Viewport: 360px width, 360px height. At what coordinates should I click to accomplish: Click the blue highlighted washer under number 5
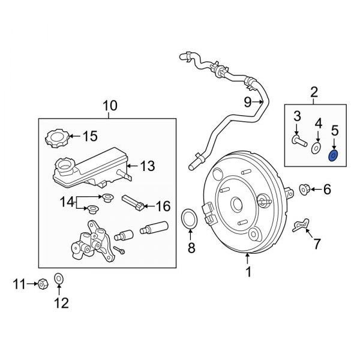pyautogui.click(x=334, y=157)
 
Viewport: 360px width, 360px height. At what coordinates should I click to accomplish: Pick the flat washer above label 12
pyautogui.click(x=59, y=278)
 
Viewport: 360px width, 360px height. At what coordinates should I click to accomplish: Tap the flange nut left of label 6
pyautogui.click(x=304, y=190)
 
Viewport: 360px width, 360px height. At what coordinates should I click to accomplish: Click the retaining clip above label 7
pyautogui.click(x=301, y=224)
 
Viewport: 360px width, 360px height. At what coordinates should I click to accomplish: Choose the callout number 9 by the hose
pyautogui.click(x=247, y=102)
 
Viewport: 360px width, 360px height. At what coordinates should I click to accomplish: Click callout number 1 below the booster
pyautogui.click(x=248, y=272)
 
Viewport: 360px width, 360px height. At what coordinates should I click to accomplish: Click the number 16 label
pyautogui.click(x=163, y=206)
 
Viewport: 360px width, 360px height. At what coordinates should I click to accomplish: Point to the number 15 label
pyautogui.click(x=89, y=136)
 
